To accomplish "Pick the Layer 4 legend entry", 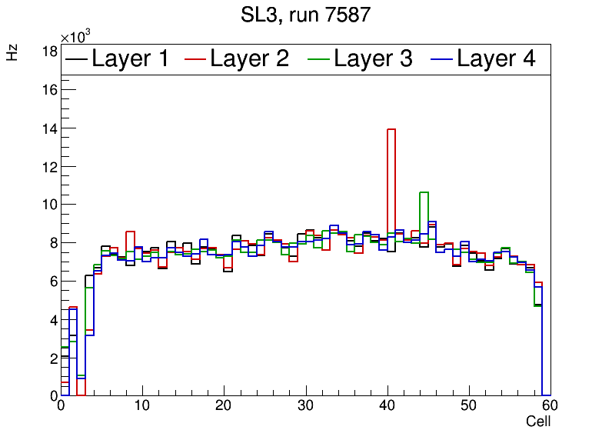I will point(483,58).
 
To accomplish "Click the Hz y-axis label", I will point(12,52).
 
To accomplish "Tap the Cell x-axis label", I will point(538,422).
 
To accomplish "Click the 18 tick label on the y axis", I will point(48,52).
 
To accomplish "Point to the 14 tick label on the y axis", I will point(48,128).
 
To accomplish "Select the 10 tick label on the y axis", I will point(48,205).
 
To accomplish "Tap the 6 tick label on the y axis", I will point(52,282).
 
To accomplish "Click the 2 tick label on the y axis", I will point(52,358).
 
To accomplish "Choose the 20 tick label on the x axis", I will point(224,407).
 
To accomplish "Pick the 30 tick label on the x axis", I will point(305,407).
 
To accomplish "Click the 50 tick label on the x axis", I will point(468,407).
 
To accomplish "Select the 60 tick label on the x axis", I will point(549,407).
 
